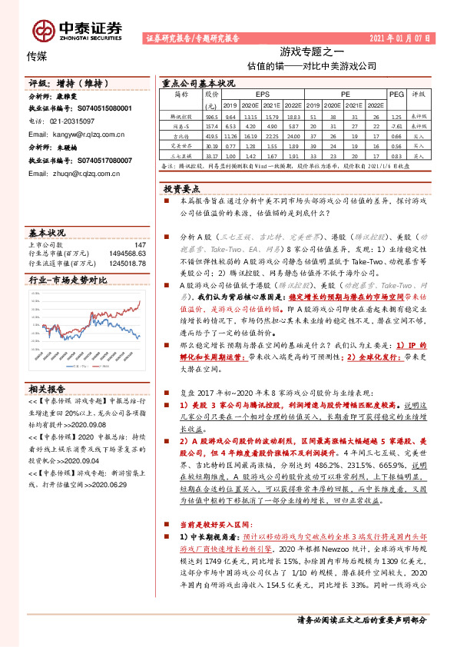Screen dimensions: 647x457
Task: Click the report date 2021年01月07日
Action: pyautogui.click(x=402, y=37)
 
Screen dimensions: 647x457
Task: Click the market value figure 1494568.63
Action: pyautogui.click(x=125, y=253)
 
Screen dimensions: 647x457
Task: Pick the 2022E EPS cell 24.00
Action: pyautogui.click(x=291, y=134)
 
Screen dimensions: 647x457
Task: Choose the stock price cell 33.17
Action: pyautogui.click(x=211, y=154)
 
